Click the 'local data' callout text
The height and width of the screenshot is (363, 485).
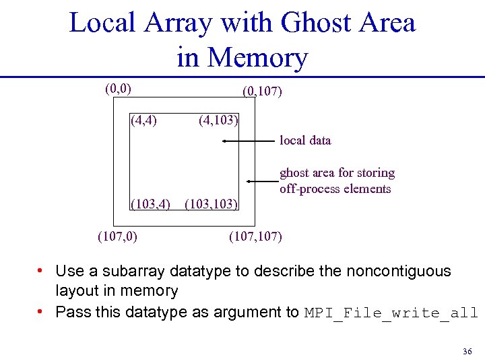point(305,140)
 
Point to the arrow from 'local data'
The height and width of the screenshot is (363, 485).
point(250,142)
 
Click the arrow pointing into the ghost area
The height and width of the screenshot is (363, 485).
point(263,182)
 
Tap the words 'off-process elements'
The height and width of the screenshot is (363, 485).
point(335,189)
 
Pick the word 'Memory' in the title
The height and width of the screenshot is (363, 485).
point(258,58)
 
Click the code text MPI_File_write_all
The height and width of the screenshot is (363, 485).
point(391,313)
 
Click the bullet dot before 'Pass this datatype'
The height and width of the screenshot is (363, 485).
point(41,312)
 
